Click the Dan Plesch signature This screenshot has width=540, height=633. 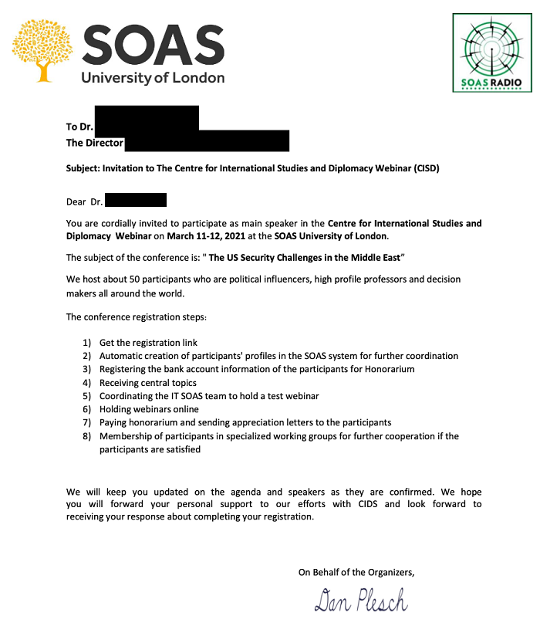click(360, 600)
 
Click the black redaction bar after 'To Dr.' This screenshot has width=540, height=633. click(146, 118)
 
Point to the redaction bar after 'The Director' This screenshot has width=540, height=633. click(206, 141)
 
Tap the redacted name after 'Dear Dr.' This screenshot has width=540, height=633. click(135, 201)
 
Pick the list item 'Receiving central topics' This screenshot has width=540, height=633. click(148, 383)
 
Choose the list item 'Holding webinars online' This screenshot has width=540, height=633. click(149, 409)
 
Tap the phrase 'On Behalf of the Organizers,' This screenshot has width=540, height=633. click(356, 572)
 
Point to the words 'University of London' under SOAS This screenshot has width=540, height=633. click(153, 77)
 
